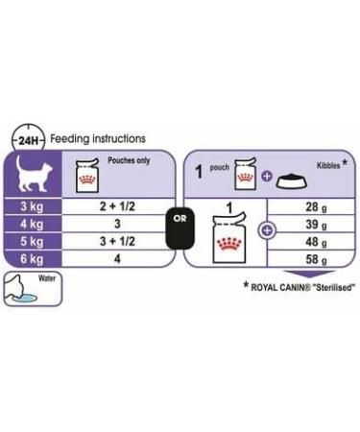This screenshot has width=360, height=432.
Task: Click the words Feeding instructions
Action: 98,139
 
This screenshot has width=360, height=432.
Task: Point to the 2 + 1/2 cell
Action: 115,208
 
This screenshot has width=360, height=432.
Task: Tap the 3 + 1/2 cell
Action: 115,243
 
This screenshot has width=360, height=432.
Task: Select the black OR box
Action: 179,216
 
